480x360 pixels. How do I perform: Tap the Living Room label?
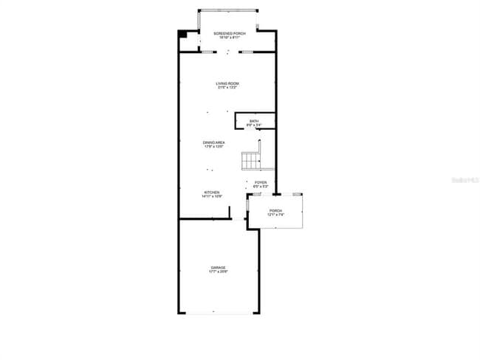(227, 83)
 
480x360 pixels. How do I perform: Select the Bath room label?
(254, 121)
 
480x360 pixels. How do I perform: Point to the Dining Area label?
(214, 142)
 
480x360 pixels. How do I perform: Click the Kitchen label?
(212, 193)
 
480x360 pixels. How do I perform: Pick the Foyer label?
(261, 182)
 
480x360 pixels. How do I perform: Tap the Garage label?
(218, 268)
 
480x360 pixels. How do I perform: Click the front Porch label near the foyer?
(275, 211)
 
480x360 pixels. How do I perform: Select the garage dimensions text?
(218, 272)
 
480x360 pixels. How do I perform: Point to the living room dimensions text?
(227, 88)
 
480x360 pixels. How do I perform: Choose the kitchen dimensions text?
(212, 197)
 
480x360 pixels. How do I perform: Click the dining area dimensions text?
(214, 147)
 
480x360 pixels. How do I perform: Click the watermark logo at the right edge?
(470, 179)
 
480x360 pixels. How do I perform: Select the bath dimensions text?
(254, 125)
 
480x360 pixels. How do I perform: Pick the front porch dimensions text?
(275, 215)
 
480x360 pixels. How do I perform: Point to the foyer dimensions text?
(261, 187)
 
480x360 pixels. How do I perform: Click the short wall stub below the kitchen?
(230, 212)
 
